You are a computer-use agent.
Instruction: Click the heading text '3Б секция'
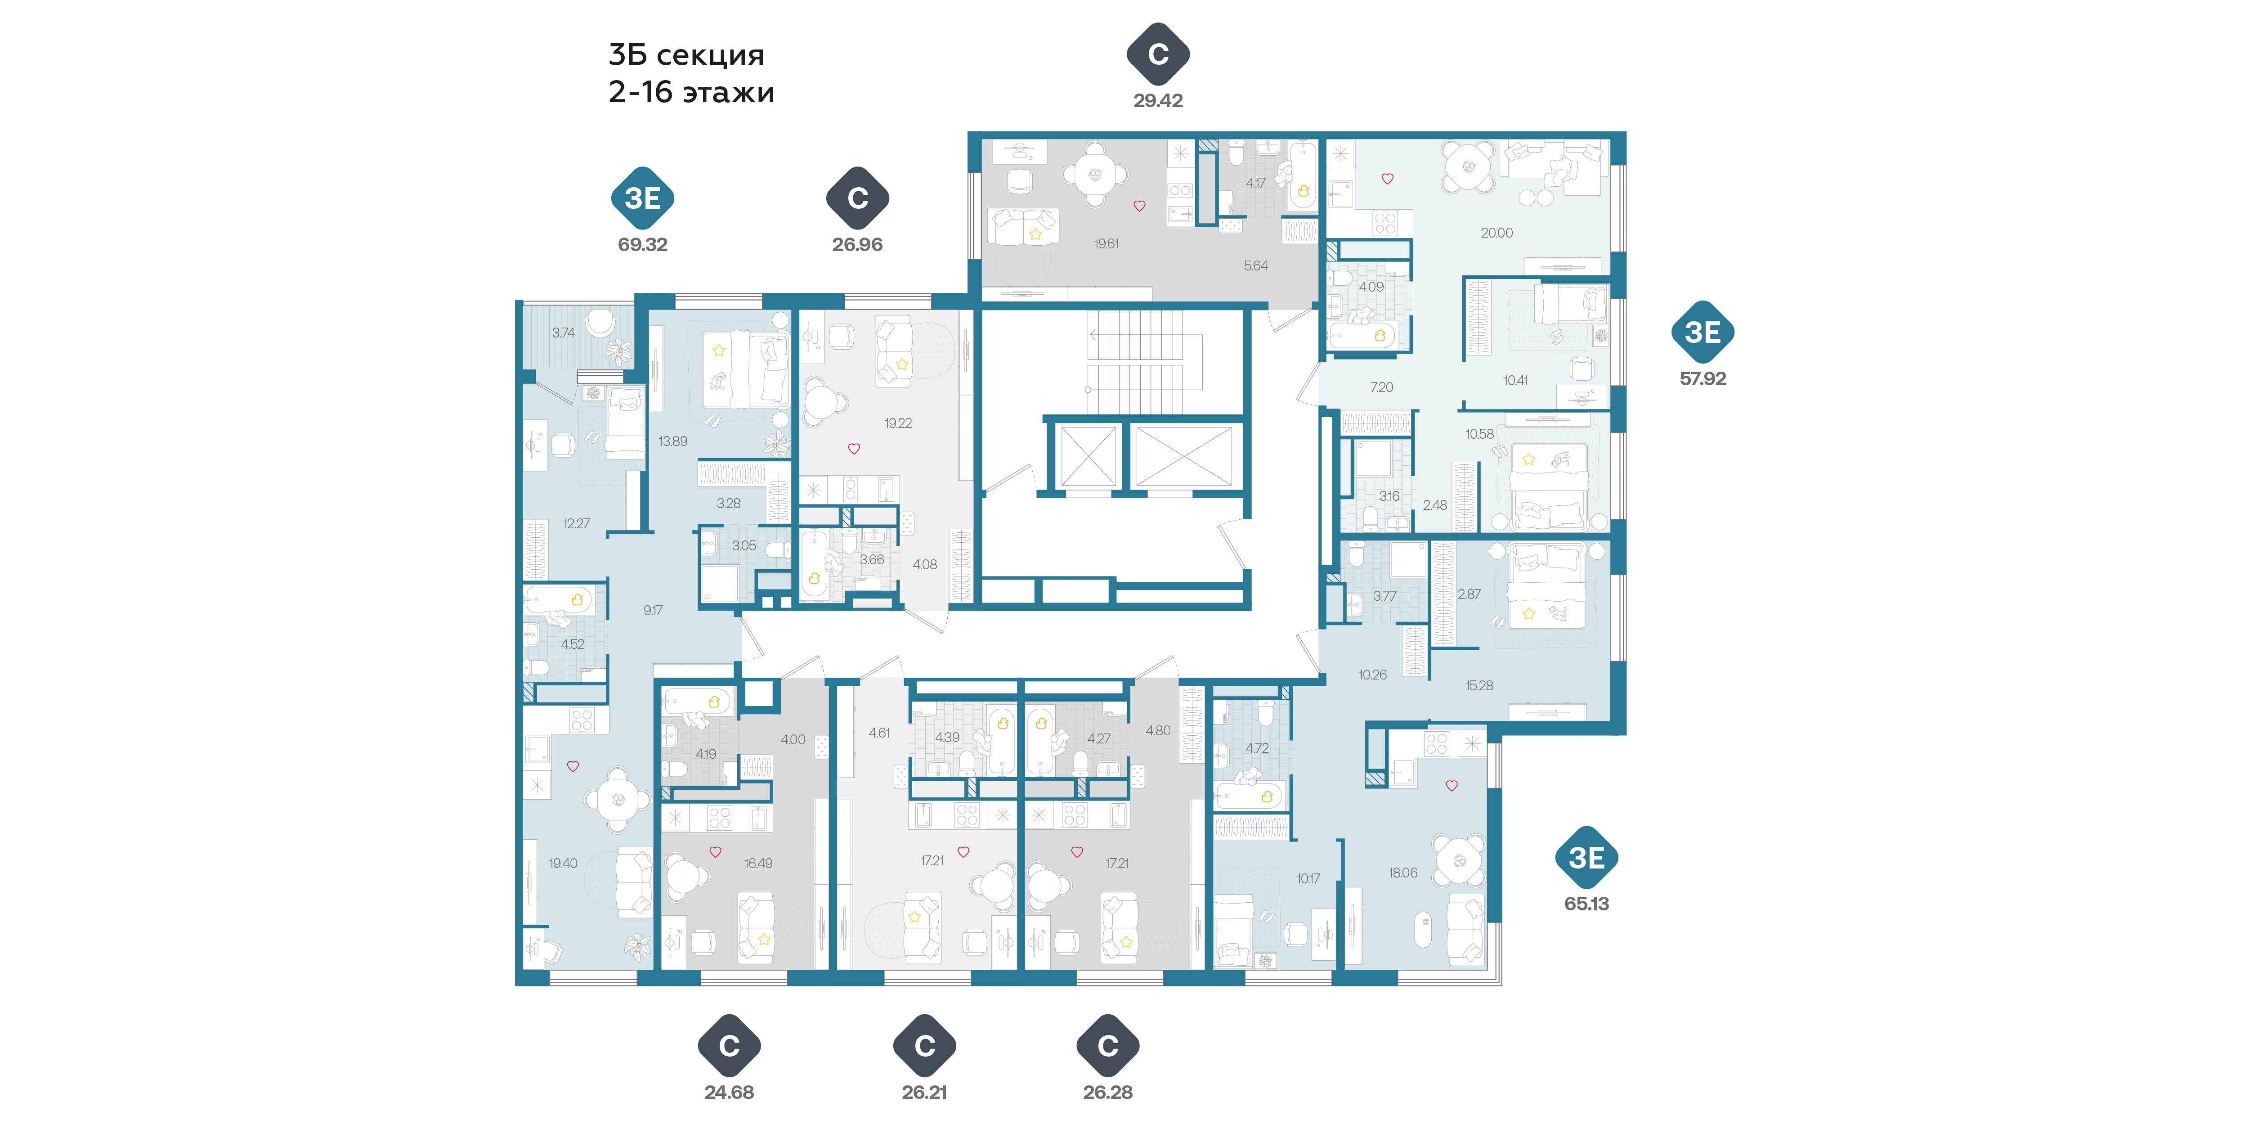[x=686, y=55]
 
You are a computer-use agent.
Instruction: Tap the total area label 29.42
[x=1158, y=100]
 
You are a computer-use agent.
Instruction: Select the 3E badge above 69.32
[x=643, y=198]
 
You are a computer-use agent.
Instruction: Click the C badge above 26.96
[x=857, y=198]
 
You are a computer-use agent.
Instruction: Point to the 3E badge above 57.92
[x=1702, y=332]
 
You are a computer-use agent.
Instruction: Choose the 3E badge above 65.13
[x=1586, y=858]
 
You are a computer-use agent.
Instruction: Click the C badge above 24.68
[x=729, y=1045]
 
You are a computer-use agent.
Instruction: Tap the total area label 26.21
[x=925, y=1092]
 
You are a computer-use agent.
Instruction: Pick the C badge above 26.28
[x=1108, y=1045]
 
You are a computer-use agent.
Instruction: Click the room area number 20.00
[x=1496, y=232]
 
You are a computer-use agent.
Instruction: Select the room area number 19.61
[x=1106, y=244]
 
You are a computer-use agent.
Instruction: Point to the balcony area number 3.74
[x=563, y=333]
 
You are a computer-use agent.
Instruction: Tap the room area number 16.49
[x=758, y=863]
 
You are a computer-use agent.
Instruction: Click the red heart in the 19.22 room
[x=854, y=449]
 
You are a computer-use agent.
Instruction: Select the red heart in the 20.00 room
[x=1387, y=179]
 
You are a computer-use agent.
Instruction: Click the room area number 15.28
[x=1479, y=686]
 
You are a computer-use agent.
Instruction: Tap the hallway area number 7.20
[x=1381, y=387]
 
